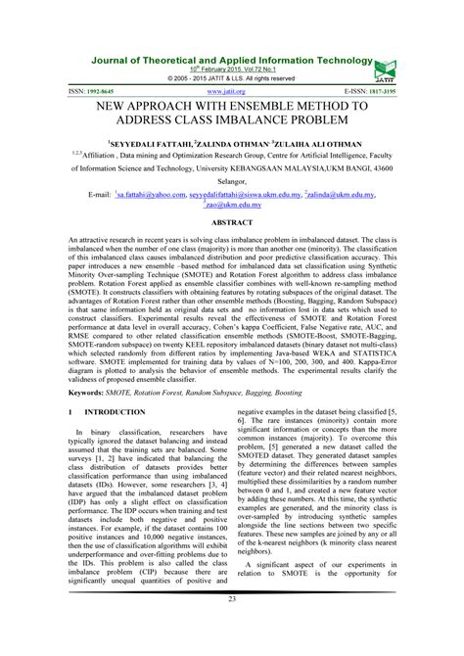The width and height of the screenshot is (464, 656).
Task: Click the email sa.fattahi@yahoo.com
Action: [x=154, y=194]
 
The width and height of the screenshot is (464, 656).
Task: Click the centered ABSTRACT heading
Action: [x=231, y=223]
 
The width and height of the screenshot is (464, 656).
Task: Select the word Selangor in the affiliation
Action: [x=231, y=178]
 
